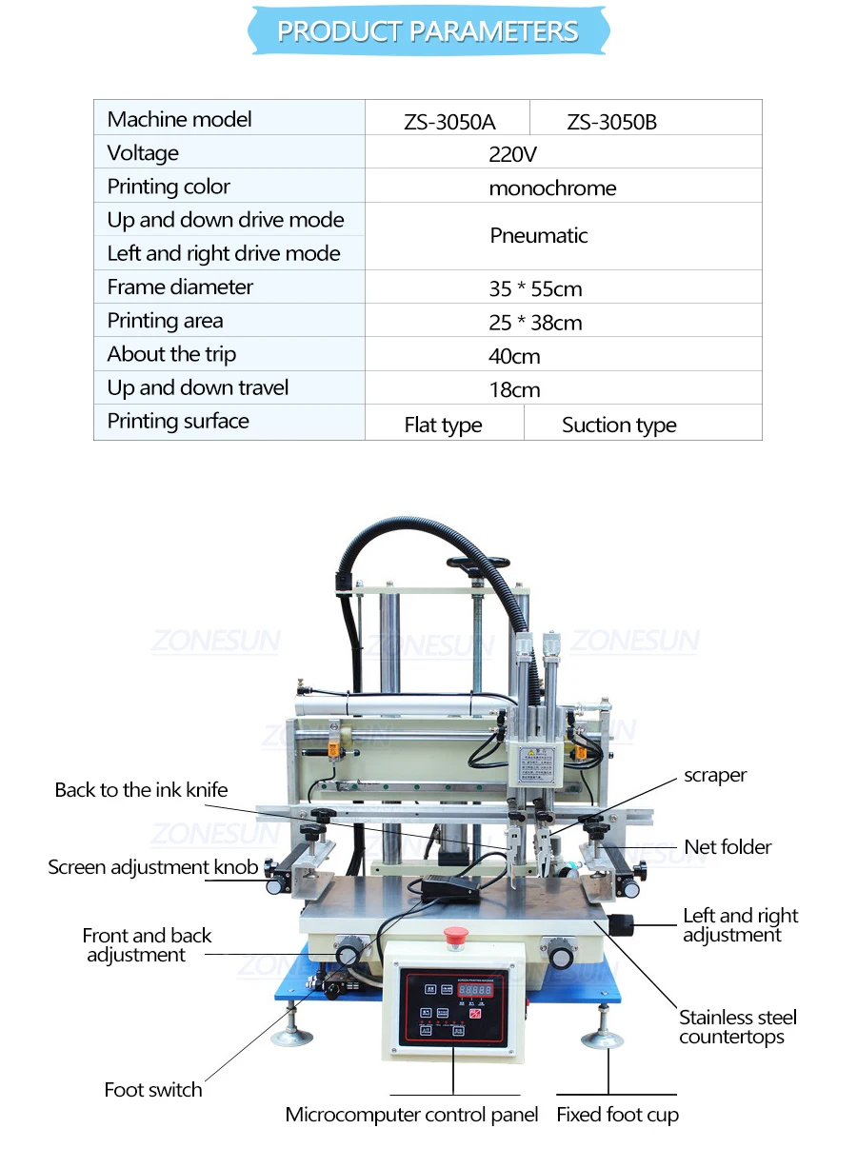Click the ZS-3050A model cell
448,122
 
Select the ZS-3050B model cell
611,122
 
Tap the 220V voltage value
514,154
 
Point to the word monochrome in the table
552,188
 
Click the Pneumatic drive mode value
539,236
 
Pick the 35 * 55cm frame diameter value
535,289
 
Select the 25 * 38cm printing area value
535,323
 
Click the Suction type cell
619,426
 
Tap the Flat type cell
443,426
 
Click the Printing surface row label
178,422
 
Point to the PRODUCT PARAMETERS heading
428,31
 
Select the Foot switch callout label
153,1090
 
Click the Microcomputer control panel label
411,1115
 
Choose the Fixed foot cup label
617,1115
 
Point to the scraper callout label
715,776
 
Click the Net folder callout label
727,847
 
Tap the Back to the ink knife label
141,790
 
